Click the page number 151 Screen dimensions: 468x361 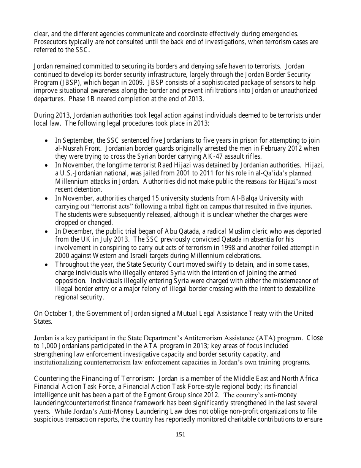tap(180, 434)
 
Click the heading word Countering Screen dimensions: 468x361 tap(51, 379)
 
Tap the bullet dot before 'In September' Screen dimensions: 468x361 tap(46, 140)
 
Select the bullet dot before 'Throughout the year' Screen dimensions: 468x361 tap(46, 264)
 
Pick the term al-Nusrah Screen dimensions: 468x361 tap(68, 148)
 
